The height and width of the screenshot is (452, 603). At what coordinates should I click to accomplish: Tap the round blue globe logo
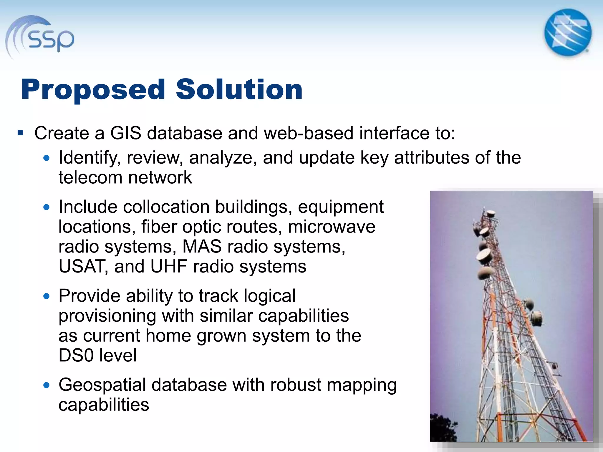[568, 32]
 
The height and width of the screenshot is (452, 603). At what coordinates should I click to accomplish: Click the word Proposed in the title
[93, 89]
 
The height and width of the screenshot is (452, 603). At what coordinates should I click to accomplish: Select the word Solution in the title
[239, 89]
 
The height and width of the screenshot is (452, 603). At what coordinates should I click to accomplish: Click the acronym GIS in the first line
[126, 133]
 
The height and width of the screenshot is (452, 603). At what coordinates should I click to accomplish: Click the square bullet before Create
[20, 133]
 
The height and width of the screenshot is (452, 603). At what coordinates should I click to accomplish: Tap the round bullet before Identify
[46, 158]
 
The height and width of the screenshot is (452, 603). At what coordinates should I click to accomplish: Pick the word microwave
[332, 227]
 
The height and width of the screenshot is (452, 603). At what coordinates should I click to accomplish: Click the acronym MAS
[202, 246]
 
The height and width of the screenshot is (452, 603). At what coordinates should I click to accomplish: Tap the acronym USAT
[81, 266]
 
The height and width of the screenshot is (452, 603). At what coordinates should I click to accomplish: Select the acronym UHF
[168, 266]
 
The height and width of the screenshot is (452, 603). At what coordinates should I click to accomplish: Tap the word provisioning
[107, 316]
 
